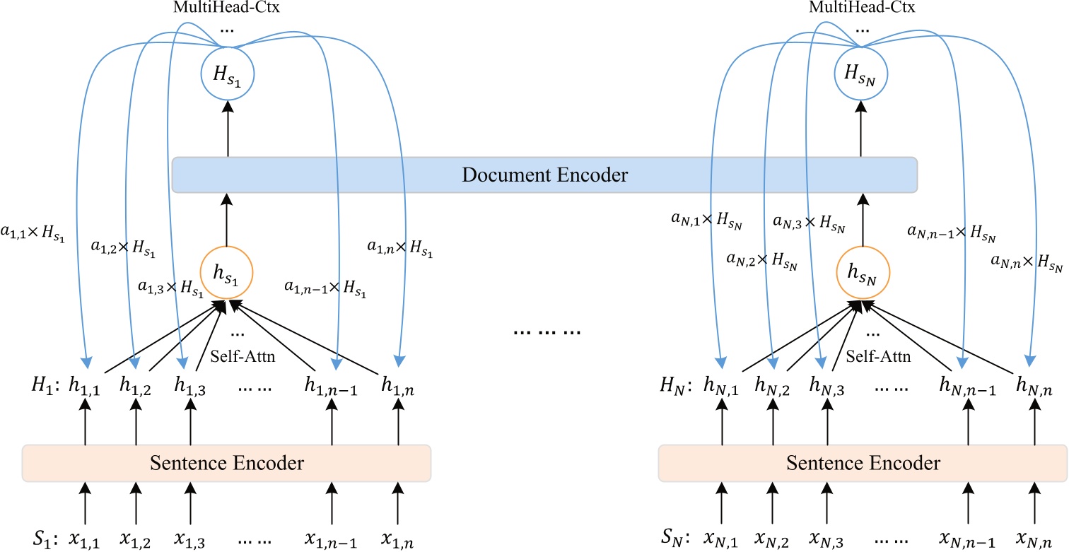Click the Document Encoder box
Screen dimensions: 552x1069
click(x=544, y=175)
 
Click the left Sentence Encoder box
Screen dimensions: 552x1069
click(x=226, y=464)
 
